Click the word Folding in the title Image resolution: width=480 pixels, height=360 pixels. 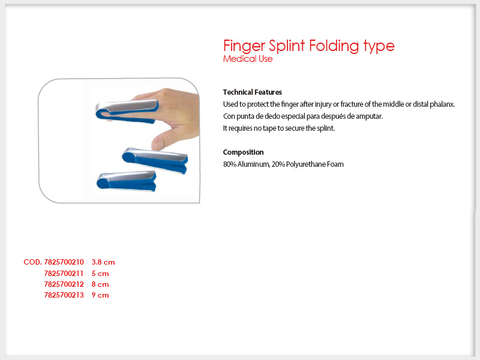(x=334, y=46)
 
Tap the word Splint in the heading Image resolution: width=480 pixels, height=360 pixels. (x=287, y=46)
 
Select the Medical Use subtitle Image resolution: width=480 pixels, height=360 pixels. (x=248, y=59)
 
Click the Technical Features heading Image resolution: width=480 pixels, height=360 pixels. (x=253, y=92)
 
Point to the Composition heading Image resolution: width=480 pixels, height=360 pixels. (x=244, y=152)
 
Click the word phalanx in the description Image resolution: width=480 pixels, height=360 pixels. (x=442, y=104)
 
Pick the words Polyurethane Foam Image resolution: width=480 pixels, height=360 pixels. (x=314, y=164)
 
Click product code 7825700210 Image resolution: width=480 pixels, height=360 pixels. (x=64, y=262)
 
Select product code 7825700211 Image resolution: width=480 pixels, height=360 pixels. (x=64, y=274)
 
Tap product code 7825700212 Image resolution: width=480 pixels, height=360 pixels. (x=64, y=284)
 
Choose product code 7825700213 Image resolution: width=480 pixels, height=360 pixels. (x=64, y=295)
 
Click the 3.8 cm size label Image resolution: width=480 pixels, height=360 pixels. (x=103, y=262)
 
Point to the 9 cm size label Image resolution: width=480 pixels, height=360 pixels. (x=100, y=295)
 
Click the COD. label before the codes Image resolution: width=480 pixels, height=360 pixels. (x=33, y=262)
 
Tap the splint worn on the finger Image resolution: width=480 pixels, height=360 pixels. (x=127, y=111)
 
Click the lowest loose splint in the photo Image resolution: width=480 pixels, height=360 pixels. (x=127, y=181)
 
